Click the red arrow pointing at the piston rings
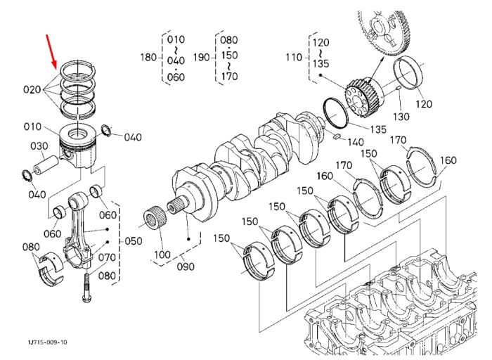pos(51,52)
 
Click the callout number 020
pos(32,90)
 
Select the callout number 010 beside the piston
pos(32,127)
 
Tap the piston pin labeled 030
pos(46,165)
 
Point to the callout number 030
pos(39,146)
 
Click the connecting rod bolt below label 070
pos(86,288)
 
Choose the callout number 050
pos(134,241)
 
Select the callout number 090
pos(186,266)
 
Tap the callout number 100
pos(162,255)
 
